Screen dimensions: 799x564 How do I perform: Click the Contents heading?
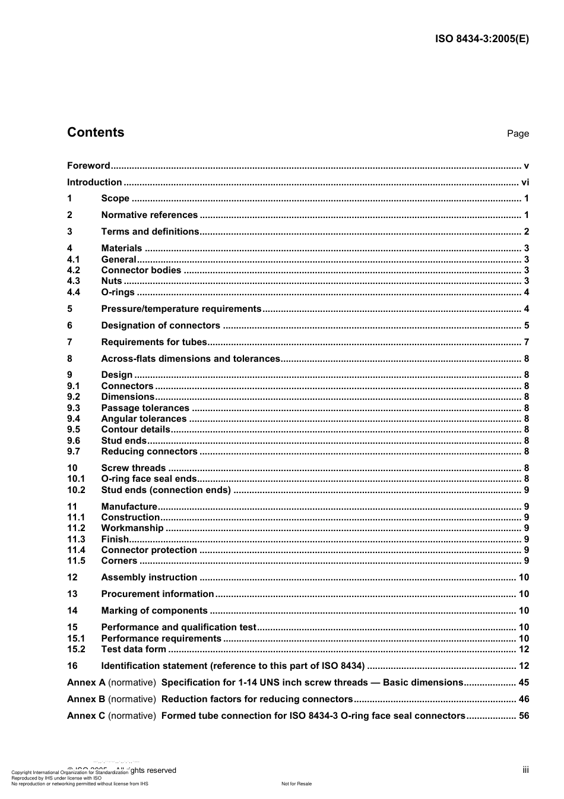(x=96, y=132)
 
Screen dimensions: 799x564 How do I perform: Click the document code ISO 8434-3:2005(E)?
(x=481, y=39)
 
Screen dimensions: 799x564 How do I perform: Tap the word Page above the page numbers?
(x=518, y=134)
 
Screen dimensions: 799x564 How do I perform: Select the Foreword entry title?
(x=88, y=166)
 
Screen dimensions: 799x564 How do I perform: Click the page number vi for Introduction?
(x=525, y=182)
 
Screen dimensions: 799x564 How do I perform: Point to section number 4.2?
(x=73, y=270)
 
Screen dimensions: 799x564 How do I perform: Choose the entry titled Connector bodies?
(x=141, y=270)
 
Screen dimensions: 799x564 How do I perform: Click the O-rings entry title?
(x=118, y=292)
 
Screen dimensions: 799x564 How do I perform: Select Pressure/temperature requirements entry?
(x=181, y=309)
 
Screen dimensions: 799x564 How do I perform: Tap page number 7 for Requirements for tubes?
(x=526, y=342)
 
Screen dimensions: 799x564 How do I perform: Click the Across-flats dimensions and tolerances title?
(x=190, y=359)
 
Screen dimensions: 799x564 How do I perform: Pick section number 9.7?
(x=73, y=451)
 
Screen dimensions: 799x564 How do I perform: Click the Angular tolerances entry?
(x=144, y=419)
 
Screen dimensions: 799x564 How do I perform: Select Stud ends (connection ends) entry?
(x=166, y=490)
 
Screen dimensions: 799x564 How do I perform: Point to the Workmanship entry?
(x=132, y=528)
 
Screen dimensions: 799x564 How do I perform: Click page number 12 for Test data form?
(x=524, y=649)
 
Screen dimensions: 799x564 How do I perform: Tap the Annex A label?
(x=86, y=683)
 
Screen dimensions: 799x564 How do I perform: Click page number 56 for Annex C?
(x=524, y=716)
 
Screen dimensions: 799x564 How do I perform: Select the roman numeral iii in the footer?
(x=525, y=770)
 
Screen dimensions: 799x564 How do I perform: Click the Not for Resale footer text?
(x=296, y=784)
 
